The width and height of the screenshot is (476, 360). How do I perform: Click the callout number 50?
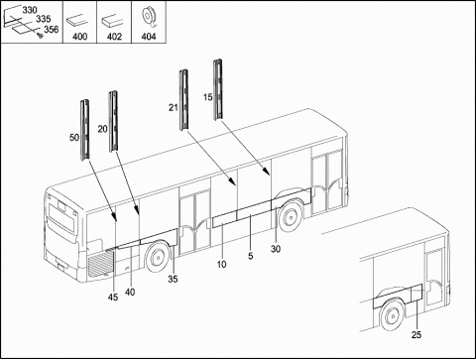pos(74,137)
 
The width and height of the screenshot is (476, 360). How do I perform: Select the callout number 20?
pos(103,129)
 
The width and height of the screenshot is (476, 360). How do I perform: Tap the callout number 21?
pos(174,107)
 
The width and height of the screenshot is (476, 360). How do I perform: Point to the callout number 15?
pos(208,97)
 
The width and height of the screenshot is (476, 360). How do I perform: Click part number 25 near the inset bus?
pos(416,335)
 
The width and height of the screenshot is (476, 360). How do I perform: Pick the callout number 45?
pos(113,298)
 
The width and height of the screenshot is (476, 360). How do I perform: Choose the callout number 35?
pos(173,279)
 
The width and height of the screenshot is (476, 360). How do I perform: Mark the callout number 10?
pos(221,264)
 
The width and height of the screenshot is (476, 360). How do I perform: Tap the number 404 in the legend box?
pos(149,36)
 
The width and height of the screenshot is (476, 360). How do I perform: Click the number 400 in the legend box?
pos(80,36)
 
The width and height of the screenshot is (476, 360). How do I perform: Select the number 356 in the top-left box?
pos(52,30)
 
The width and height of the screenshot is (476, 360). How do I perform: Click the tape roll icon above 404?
pos(148,18)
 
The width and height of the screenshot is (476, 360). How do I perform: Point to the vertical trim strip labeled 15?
pos(217,89)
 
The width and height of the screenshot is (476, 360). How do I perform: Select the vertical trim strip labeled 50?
pos(85,130)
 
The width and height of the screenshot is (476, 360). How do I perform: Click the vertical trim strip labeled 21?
pos(183,100)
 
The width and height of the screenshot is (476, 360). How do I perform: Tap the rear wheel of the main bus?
pos(158,257)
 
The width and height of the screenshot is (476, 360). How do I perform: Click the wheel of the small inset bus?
pos(393,315)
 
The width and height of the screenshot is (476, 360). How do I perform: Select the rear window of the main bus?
pos(61,217)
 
